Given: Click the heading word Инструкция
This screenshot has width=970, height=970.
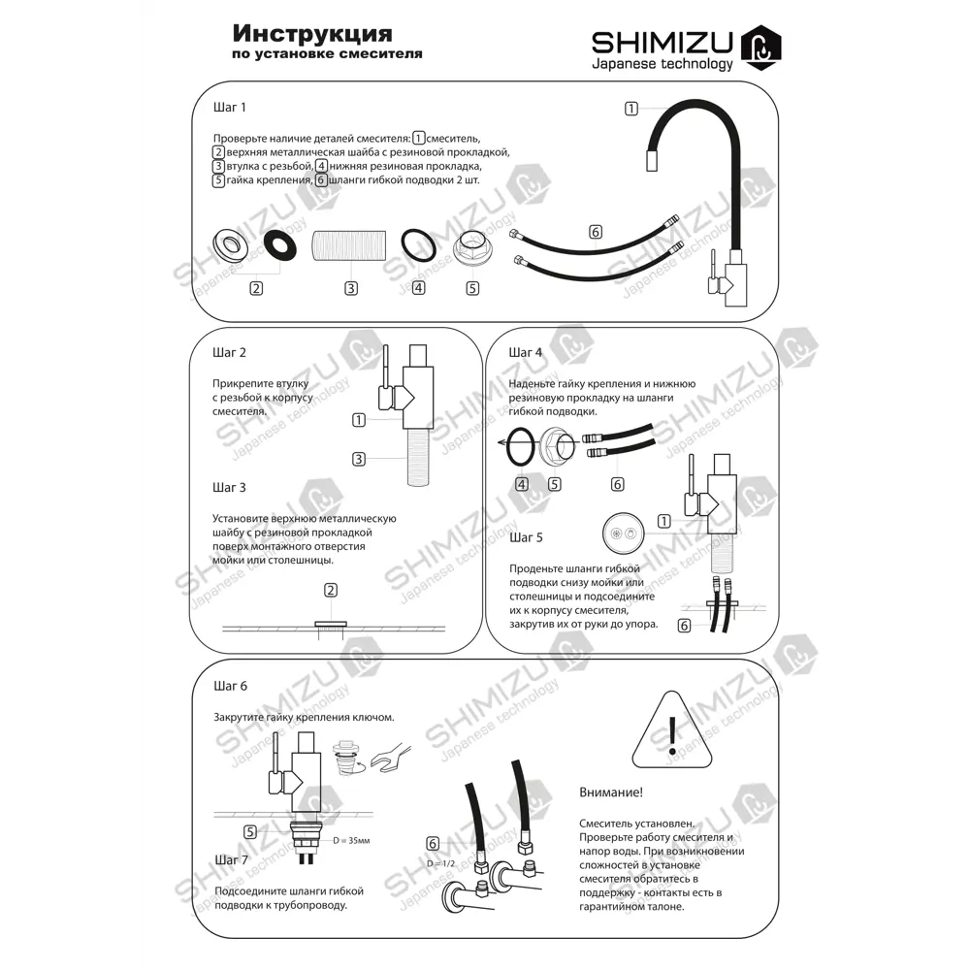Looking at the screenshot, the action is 312,33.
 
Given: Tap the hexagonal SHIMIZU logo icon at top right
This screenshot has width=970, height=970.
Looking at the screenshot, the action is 760,47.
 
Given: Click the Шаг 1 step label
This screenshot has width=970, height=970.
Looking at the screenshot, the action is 230,107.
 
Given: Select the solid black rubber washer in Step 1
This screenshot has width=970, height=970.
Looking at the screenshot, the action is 280,245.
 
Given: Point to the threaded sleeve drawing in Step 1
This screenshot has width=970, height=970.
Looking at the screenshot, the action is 349,245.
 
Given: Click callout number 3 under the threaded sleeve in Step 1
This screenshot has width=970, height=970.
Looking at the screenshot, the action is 351,288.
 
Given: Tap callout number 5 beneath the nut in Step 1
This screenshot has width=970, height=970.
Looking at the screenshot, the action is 472,288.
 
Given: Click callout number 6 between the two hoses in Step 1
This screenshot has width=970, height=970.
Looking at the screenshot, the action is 596,232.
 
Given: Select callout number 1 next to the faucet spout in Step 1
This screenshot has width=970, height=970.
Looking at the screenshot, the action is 631,109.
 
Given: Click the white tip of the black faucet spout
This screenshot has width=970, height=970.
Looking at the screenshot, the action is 652,160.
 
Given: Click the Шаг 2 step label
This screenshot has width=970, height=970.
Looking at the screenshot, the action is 230,353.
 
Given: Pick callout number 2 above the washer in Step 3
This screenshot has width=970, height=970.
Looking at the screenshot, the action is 331,590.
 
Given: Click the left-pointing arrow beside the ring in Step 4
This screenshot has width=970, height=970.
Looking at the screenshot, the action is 503,443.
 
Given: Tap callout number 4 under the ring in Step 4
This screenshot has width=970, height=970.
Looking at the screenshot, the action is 522,484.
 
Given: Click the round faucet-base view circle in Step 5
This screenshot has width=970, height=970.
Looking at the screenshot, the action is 623,533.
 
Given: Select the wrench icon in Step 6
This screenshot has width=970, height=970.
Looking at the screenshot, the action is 391,758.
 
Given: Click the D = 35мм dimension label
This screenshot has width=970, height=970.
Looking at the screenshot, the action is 351,841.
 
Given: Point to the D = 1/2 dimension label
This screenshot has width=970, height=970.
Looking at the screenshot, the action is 440,863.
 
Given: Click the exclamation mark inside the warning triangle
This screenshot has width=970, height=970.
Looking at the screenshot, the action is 672,735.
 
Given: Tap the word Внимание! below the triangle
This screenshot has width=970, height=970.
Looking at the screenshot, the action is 610,792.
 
